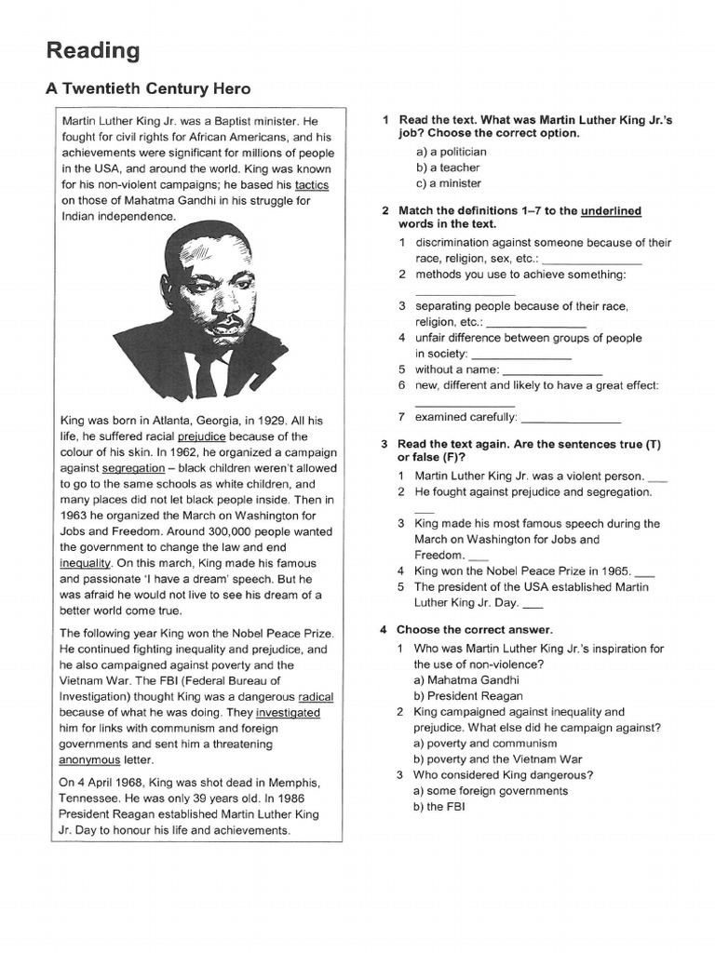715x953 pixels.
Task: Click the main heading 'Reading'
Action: (93, 50)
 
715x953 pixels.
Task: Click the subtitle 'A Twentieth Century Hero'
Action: (148, 89)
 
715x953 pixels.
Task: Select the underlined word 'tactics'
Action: (311, 184)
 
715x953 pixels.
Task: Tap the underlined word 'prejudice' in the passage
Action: (202, 436)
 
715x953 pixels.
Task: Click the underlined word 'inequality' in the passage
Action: (86, 563)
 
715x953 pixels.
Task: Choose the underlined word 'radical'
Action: (316, 696)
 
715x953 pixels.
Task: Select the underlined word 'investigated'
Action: (282, 712)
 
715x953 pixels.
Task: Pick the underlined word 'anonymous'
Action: (90, 759)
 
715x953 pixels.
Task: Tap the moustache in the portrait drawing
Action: (223, 319)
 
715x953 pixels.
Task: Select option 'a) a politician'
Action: (451, 152)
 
